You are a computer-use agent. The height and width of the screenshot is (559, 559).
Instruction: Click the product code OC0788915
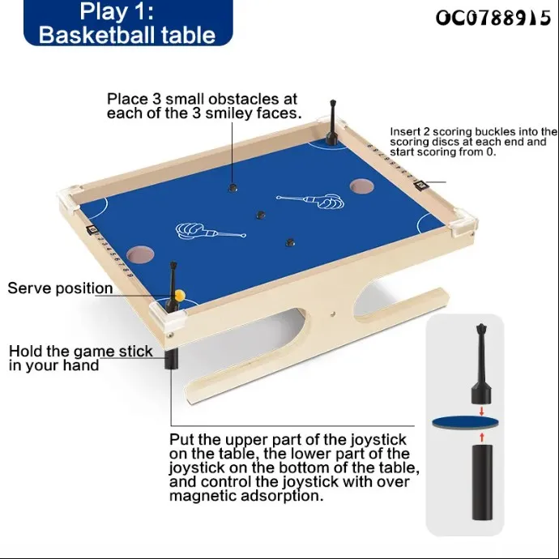pos(493,18)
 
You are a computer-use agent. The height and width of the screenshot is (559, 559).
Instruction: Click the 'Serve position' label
pos(61,288)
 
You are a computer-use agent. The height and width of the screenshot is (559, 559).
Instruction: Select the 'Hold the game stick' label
pos(80,352)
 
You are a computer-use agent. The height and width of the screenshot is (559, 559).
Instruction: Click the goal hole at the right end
pos(359,186)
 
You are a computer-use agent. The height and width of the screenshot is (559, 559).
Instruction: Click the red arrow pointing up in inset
pos(483,437)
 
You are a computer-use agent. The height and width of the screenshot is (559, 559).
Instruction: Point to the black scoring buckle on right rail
pos(421,186)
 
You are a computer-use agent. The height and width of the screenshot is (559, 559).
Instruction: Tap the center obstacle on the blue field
pos(261,215)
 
